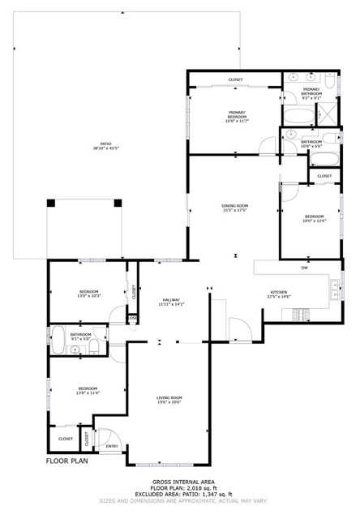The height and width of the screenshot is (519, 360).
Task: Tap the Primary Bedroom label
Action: tap(236, 115)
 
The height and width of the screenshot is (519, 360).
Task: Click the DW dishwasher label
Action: tap(304, 268)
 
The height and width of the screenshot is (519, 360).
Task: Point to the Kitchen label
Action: tap(279, 294)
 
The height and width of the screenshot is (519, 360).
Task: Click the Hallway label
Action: tap(172, 302)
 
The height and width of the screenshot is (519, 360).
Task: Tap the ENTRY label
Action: tap(112, 446)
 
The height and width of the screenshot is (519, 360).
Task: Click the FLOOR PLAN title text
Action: tap(66, 461)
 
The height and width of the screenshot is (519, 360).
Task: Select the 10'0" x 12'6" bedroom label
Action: tap(314, 218)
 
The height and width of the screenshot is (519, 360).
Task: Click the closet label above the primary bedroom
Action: tap(235, 79)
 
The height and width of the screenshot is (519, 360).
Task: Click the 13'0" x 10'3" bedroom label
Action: tap(88, 294)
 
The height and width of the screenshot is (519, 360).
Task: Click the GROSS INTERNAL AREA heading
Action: tap(180, 481)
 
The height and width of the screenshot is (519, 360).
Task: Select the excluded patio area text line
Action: tap(180, 494)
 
